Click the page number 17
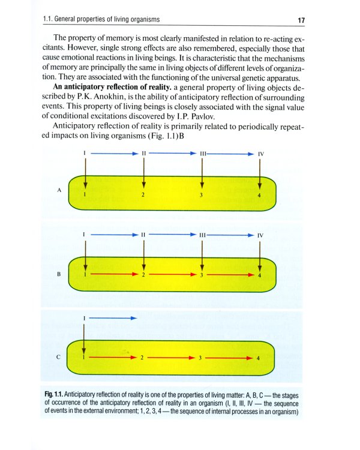pos(302,21)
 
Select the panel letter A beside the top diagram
pos(59,190)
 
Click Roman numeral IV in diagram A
pos(260,154)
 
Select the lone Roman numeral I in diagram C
pos(85,317)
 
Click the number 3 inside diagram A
pos(202,195)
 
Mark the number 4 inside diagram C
pos(259,358)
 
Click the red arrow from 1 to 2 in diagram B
pos(113,274)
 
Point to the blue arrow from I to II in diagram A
pos(113,154)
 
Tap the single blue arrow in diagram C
pos(113,317)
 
